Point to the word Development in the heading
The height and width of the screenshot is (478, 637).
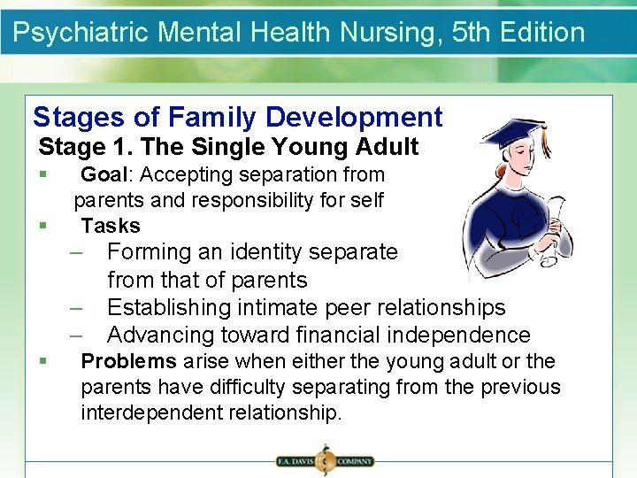point(353,117)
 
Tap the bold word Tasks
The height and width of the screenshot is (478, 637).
point(111,226)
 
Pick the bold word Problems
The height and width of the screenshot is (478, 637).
point(128,361)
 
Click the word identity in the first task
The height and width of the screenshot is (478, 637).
point(265,252)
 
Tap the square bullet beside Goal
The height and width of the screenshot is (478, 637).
point(42,175)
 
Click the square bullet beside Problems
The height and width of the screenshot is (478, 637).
point(42,362)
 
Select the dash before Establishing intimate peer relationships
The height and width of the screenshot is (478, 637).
point(79,307)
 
